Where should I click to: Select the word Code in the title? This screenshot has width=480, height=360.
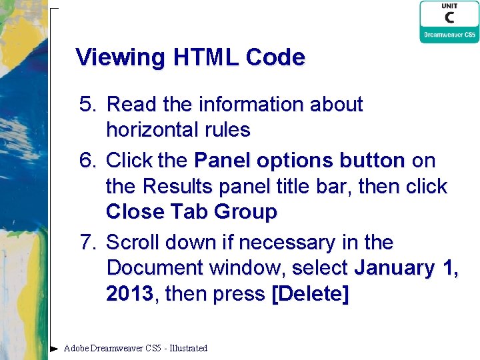tap(275, 58)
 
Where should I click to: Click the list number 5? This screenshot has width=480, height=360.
tap(88, 105)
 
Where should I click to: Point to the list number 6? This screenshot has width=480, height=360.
tap(88, 161)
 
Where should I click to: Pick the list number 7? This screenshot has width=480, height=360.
tap(88, 242)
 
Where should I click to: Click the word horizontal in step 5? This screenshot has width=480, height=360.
tap(153, 129)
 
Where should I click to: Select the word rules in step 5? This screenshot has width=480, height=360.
tap(227, 129)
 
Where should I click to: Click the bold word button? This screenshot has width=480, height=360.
tap(371, 161)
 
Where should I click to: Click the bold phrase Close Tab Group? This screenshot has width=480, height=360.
tap(191, 212)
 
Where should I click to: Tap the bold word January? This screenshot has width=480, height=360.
tap(397, 268)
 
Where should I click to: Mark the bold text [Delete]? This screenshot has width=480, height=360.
tap(310, 294)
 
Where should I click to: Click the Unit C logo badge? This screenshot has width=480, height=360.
tap(449, 22)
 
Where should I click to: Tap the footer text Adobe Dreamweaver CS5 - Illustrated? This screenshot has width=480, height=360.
tap(135, 348)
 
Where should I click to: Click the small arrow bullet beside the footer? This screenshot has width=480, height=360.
tap(55, 348)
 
